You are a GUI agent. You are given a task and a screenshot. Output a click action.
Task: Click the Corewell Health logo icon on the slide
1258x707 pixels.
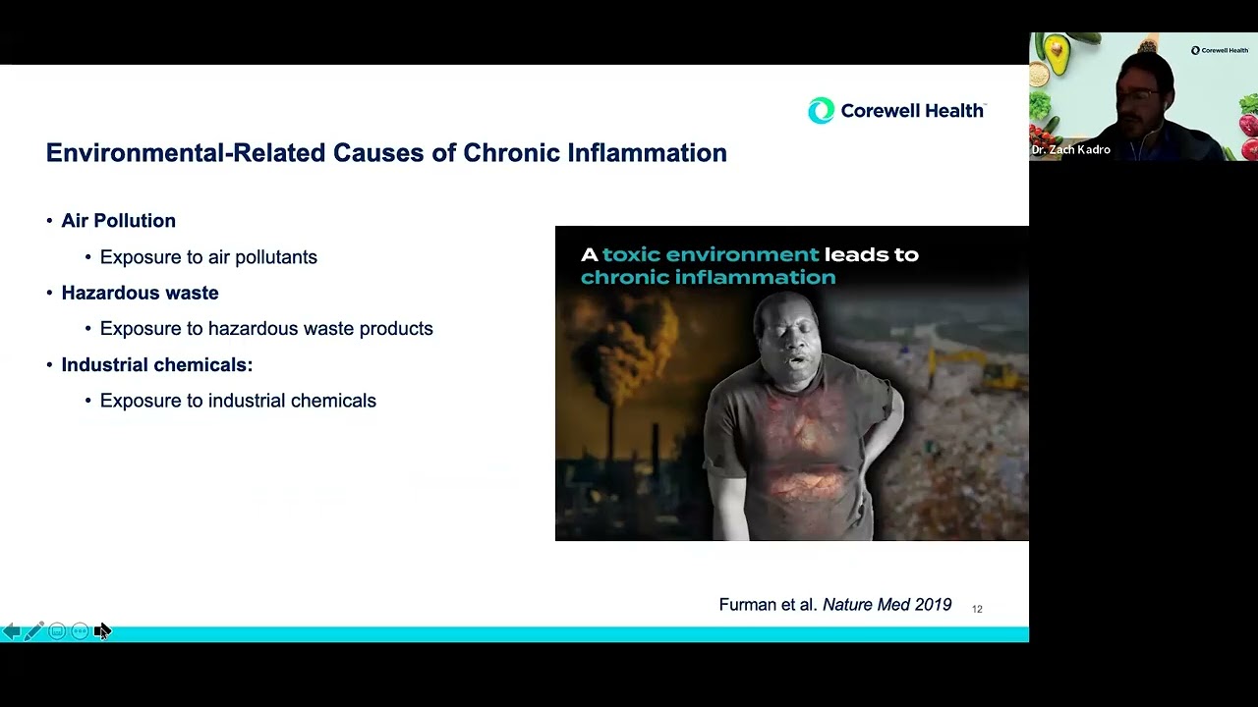coord(821,111)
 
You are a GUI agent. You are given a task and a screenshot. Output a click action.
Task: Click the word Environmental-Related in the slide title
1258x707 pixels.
coord(186,153)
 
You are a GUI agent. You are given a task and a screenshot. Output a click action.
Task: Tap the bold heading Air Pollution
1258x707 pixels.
coord(118,221)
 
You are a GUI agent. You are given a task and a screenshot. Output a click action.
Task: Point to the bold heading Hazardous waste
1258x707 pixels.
coord(140,293)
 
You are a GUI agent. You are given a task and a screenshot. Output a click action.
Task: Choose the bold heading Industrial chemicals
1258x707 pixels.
coord(156,365)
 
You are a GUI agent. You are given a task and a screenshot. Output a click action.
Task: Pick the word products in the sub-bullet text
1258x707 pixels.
coord(395,329)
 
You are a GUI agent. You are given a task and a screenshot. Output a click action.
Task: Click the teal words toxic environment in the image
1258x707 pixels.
coord(710,254)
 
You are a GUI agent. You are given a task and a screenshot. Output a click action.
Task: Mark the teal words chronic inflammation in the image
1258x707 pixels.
coord(708,277)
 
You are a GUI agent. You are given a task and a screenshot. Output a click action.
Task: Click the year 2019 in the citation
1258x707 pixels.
coord(932,605)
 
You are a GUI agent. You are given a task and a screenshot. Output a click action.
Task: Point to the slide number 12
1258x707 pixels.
coord(977,609)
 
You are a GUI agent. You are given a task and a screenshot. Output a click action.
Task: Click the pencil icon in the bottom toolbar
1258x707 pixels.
coord(33,631)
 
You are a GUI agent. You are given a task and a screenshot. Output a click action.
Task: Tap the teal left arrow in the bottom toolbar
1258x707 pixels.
coord(11,631)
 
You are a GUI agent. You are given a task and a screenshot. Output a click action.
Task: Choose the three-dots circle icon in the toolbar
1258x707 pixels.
coord(80,631)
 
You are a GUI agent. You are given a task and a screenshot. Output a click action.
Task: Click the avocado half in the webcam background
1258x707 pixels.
coord(1057,55)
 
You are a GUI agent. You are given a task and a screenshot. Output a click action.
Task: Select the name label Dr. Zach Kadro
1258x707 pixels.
coord(1071,150)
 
